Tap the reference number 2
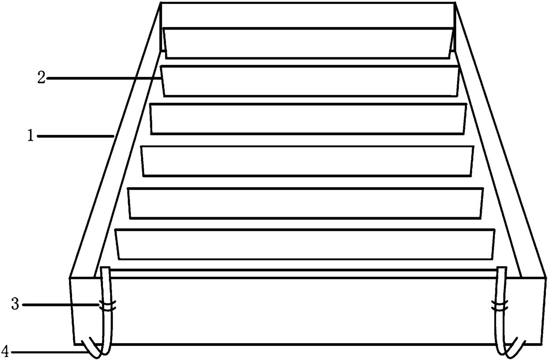(x=41, y=79)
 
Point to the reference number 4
(x=5, y=352)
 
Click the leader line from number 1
(x=75, y=137)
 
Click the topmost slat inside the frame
(x=308, y=42)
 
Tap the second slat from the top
(x=309, y=80)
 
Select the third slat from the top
(x=308, y=119)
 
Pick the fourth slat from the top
(x=308, y=161)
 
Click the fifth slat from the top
(x=306, y=203)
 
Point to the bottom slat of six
(x=305, y=244)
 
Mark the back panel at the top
(x=308, y=15)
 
